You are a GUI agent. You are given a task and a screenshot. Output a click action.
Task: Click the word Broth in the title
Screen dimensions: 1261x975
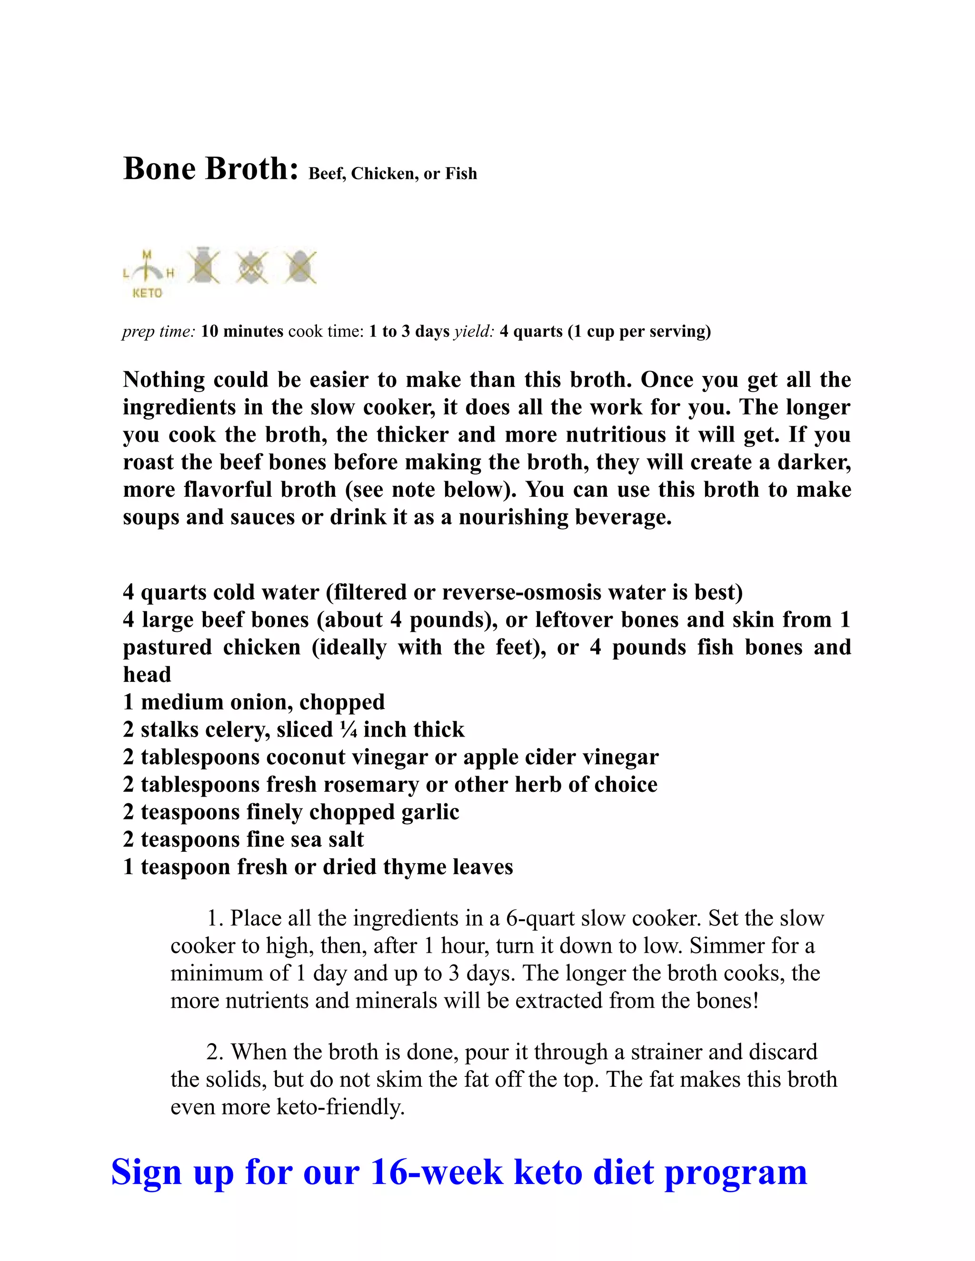click(x=252, y=169)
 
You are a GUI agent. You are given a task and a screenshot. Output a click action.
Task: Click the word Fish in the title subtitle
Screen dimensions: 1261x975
click(x=461, y=174)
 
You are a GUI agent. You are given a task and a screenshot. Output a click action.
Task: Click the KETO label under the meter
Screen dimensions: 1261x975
click(x=147, y=293)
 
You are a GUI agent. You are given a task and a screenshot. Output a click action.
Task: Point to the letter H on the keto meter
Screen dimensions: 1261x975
click(x=170, y=274)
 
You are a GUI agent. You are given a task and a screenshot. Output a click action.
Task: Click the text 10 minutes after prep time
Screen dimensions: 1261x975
click(x=242, y=331)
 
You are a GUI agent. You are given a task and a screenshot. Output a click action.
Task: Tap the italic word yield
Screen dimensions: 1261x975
click(x=474, y=331)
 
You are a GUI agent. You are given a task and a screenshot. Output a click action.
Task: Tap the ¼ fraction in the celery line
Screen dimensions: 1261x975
click(x=349, y=730)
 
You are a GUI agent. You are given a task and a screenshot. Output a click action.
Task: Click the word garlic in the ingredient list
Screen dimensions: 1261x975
click(x=433, y=812)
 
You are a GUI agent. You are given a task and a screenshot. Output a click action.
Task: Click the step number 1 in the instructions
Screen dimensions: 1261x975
click(x=214, y=918)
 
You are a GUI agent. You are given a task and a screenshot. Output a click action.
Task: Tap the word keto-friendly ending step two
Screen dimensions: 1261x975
click(x=341, y=1107)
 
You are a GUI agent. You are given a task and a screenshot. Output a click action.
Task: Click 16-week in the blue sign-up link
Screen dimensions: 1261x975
click(x=436, y=1172)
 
